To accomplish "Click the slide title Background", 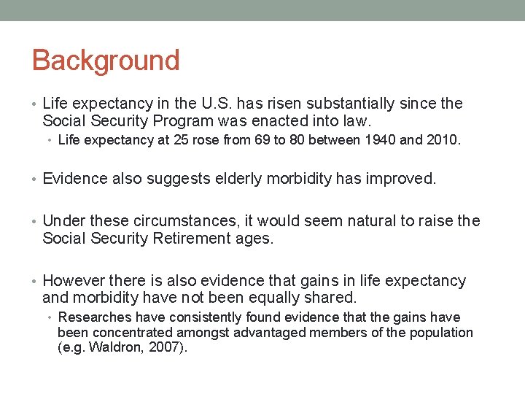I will click(x=106, y=61).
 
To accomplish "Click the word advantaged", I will click(x=268, y=333).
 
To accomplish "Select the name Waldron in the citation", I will click(x=109, y=348).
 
